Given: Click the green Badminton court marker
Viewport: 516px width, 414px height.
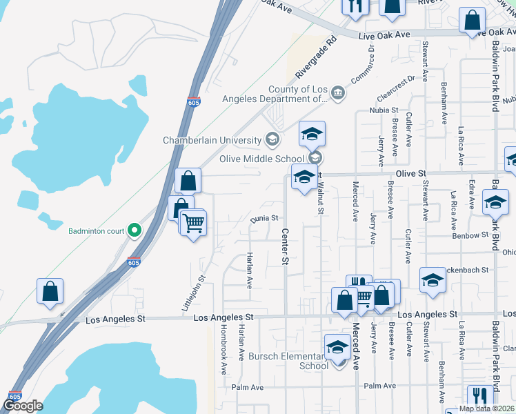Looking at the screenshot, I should click(135, 230).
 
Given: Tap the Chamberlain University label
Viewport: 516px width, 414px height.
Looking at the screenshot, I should click(212, 140).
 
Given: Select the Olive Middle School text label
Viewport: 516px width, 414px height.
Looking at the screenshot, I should click(261, 159).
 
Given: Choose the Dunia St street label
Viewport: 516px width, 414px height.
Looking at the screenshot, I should click(264, 218).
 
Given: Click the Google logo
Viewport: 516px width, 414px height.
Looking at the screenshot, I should click(23, 406).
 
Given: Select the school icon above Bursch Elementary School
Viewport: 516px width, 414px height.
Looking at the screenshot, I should click(337, 346).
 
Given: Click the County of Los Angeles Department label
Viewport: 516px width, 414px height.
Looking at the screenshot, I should click(279, 94).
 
